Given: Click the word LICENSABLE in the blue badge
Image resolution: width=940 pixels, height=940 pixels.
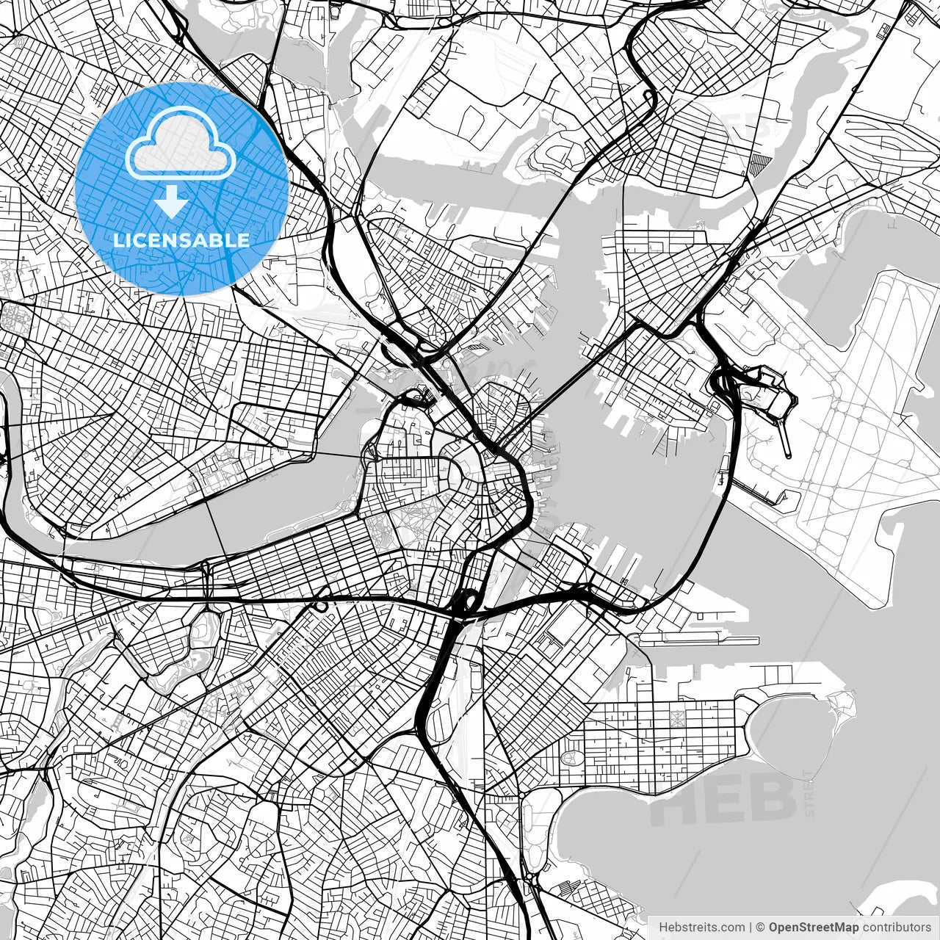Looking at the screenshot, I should [181, 240].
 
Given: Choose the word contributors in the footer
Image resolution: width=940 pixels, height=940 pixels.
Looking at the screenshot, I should [897, 928].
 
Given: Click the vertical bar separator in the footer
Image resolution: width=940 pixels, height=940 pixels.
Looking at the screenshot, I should [751, 928].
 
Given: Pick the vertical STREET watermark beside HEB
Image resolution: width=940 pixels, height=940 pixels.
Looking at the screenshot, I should [809, 793].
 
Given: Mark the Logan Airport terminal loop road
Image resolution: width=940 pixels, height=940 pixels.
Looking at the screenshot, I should [764, 389].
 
